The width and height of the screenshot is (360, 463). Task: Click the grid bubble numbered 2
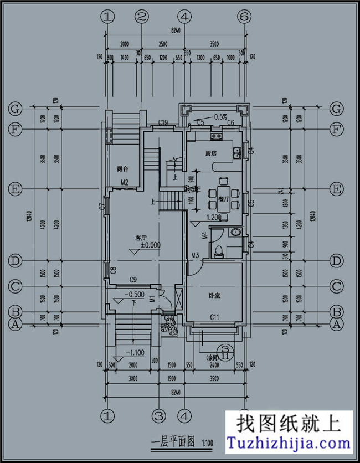tap(142, 17)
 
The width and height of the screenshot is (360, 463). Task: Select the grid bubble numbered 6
tap(244, 17)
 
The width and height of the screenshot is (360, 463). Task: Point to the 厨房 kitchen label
tap(210, 153)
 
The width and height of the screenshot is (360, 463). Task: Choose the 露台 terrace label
tap(123, 168)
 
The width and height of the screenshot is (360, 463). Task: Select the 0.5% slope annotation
tap(220, 117)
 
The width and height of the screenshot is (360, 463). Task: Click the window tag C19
tap(163, 122)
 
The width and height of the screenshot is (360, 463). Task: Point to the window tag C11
tap(215, 317)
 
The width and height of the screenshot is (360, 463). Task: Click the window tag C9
tap(133, 279)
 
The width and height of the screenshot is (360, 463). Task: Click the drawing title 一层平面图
tap(172, 443)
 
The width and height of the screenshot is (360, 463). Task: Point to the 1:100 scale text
tap(208, 443)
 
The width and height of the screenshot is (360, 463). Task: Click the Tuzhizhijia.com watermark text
tap(290, 443)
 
